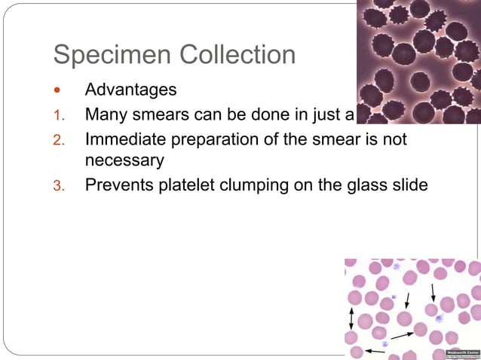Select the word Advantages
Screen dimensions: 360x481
click(131, 90)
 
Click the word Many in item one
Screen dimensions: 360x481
click(106, 116)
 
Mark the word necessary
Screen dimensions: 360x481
click(124, 160)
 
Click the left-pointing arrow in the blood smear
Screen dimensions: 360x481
click(374, 350)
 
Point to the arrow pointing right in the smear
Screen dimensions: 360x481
click(401, 334)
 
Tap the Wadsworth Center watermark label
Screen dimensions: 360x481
click(461, 352)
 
